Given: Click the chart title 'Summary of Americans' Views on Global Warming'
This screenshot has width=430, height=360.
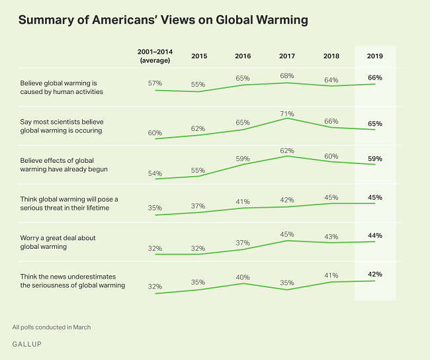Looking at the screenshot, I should pos(163,20).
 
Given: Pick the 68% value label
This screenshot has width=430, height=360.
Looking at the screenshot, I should pos(288,75).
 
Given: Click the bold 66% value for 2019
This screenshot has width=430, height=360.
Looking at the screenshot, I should pos(375,77).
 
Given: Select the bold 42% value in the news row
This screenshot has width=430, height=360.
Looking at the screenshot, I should pos(375,273).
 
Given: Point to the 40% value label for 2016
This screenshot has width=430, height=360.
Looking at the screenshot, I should pos(243,276).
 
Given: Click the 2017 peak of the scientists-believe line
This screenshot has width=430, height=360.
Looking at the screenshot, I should pos(288,118).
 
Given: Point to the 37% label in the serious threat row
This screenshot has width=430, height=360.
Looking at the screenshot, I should pos(199,205).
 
